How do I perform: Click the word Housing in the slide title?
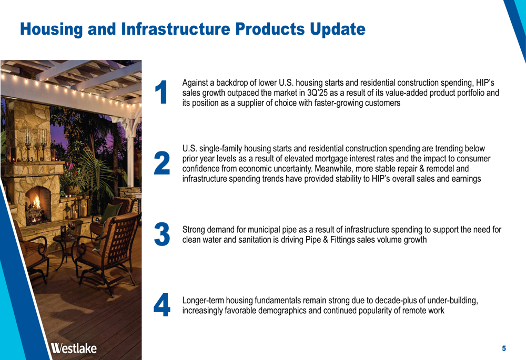[52, 29]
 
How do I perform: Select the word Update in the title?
[338, 29]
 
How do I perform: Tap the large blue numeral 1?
[161, 92]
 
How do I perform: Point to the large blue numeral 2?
[162, 163]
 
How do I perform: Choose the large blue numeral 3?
[162, 234]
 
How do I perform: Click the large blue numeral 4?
[162, 305]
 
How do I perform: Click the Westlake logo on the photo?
[74, 348]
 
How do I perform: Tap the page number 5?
[504, 348]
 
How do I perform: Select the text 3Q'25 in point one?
[317, 93]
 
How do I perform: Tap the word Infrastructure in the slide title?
[176, 29]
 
